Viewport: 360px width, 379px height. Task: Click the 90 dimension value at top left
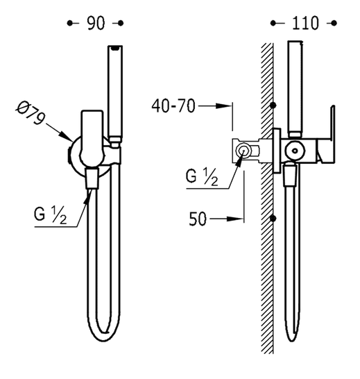[x=96, y=24]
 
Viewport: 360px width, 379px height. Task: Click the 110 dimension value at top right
[x=305, y=24]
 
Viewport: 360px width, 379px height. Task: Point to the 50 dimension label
[x=198, y=219]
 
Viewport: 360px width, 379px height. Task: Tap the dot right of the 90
[x=121, y=24]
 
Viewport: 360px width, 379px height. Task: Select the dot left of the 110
[x=274, y=24]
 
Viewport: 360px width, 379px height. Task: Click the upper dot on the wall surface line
[x=275, y=106]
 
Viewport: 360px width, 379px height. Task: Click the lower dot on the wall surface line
[x=275, y=219]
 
